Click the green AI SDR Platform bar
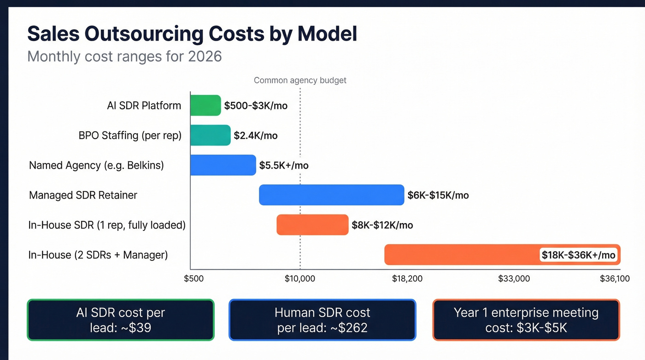pyautogui.click(x=205, y=106)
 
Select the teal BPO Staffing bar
pyautogui.click(x=210, y=135)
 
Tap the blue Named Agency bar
pyautogui.click(x=223, y=165)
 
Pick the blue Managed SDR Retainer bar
pyautogui.click(x=331, y=195)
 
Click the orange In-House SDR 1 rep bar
pyautogui.click(x=312, y=225)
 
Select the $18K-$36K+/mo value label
pyautogui.click(x=578, y=255)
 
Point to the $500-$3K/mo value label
pyautogui.click(x=256, y=106)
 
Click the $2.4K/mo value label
pyautogui.click(x=256, y=136)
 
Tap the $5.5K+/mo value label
pyautogui.click(x=284, y=165)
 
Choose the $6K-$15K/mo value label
pyautogui.click(x=438, y=195)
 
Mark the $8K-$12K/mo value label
pyautogui.click(x=382, y=225)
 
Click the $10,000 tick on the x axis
pyautogui.click(x=300, y=278)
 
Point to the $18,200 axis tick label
pyautogui.click(x=407, y=278)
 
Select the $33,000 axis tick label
pyautogui.click(x=514, y=278)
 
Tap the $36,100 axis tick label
pyautogui.click(x=615, y=278)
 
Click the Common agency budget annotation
pyautogui.click(x=300, y=80)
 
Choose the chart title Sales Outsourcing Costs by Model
pyautogui.click(x=192, y=34)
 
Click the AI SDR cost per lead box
pyautogui.click(x=121, y=320)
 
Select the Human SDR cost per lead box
pyautogui.click(x=322, y=320)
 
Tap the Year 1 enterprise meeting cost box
pyautogui.click(x=526, y=320)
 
